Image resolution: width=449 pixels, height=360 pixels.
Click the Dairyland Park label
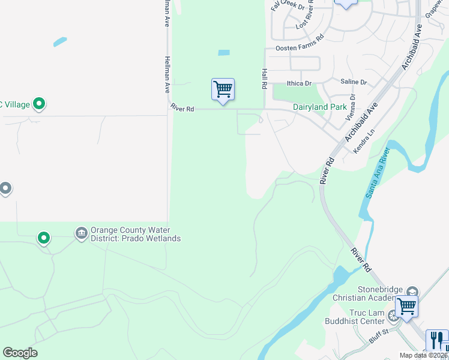(x=320, y=107)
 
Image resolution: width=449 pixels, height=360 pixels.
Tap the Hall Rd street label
(x=264, y=79)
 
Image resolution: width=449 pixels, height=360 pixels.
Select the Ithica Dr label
(x=300, y=83)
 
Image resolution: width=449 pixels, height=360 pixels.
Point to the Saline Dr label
(x=353, y=82)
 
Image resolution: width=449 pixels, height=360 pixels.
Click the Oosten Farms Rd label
(x=300, y=47)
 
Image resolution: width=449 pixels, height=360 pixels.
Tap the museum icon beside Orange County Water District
(x=81, y=232)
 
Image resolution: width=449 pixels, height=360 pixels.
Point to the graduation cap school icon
(x=412, y=292)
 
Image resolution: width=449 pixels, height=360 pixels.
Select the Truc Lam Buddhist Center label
(x=367, y=317)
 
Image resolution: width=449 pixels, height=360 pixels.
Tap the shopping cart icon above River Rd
(x=223, y=89)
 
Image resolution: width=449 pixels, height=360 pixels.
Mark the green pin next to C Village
(x=40, y=104)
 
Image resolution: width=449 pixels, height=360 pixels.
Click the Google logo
(x=20, y=353)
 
